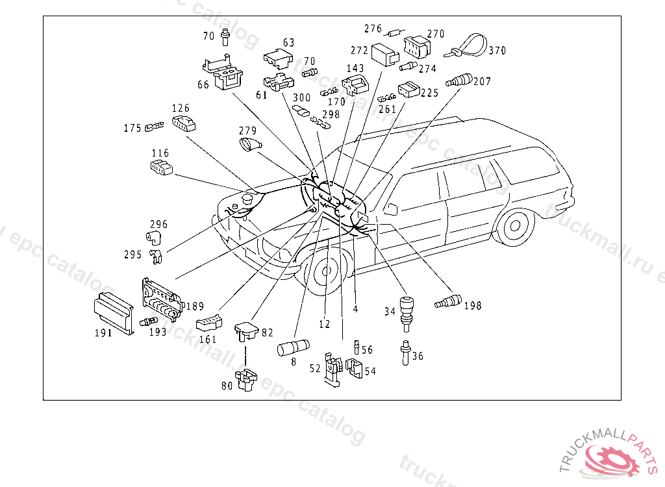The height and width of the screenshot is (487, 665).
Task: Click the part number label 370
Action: point(497,50)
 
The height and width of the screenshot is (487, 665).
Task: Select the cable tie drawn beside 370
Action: point(466,47)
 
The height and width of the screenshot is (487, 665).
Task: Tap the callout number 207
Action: point(482,82)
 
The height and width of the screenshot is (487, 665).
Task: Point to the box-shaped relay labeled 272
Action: point(385,53)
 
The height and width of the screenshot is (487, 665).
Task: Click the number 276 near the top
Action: point(373,29)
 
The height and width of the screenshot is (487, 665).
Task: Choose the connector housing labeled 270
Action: point(416,45)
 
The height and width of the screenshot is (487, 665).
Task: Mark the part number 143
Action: point(355,68)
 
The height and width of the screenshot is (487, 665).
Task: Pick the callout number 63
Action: point(288,43)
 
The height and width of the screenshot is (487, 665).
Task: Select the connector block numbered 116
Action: point(161,168)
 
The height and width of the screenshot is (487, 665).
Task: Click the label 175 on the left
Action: point(132,128)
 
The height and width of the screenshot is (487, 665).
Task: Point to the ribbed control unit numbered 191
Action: point(114,313)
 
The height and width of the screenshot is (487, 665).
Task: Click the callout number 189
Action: point(195,306)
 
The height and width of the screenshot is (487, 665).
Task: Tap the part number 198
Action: point(473,305)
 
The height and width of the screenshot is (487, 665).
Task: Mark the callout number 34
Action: point(390,312)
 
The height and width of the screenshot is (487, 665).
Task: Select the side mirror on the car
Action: point(391,208)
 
